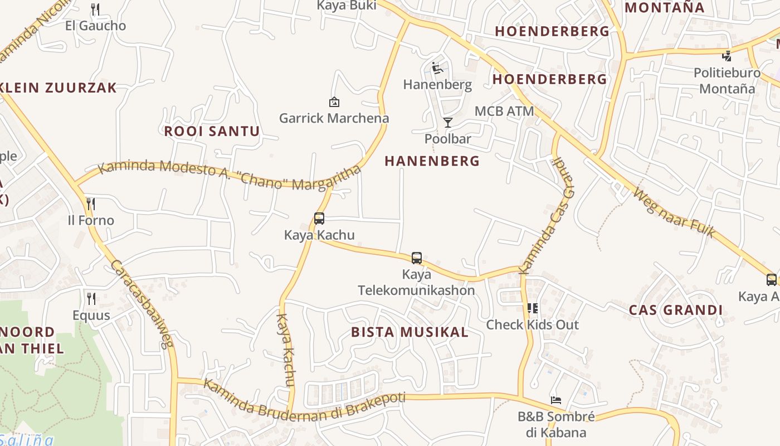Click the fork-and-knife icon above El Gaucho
95,9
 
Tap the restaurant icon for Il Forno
91,203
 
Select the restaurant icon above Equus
91,298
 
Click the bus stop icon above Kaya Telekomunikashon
417,258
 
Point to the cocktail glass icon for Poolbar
448,122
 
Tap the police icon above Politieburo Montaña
727,56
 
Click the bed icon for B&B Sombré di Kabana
555,400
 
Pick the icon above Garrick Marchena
334,101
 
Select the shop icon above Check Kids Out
533,308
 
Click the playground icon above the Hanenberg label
437,68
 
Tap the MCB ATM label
504,111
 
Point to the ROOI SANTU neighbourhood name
212,132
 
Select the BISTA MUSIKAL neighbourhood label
409,332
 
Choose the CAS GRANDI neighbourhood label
675,311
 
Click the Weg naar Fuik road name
675,212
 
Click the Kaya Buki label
347,6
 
